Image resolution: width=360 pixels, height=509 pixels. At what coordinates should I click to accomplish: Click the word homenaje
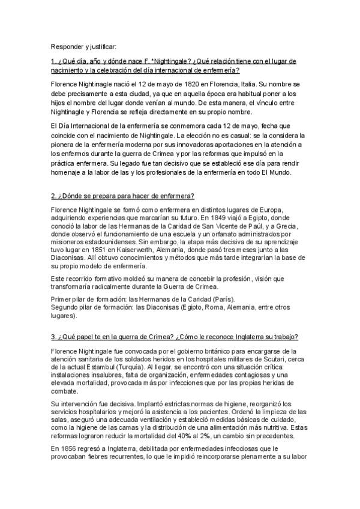click(x=67, y=173)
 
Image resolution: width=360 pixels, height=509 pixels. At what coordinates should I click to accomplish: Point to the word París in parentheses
click(x=225, y=298)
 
